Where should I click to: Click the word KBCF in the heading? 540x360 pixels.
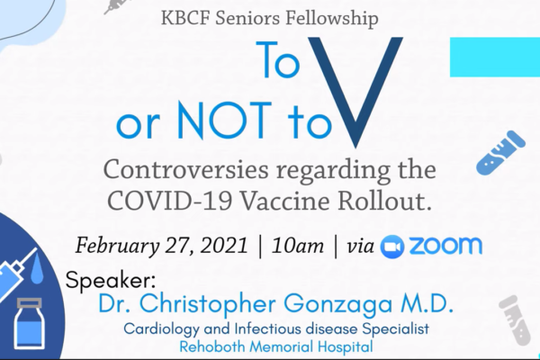pyautogui.click(x=184, y=19)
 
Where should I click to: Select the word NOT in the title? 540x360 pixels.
pyautogui.click(x=223, y=121)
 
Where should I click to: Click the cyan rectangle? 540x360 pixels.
pyautogui.click(x=495, y=58)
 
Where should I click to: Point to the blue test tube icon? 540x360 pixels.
pyautogui.click(x=501, y=153)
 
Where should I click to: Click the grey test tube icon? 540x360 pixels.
pyautogui.click(x=515, y=320)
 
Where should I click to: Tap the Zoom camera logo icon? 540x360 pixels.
pyautogui.click(x=391, y=247)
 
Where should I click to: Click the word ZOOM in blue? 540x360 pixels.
pyautogui.click(x=445, y=246)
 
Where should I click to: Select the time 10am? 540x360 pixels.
pyautogui.click(x=298, y=246)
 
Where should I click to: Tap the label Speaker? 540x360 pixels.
pyautogui.click(x=111, y=281)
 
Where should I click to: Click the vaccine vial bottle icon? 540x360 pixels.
pyautogui.click(x=30, y=323)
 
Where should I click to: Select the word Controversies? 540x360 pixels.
pyautogui.click(x=185, y=170)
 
